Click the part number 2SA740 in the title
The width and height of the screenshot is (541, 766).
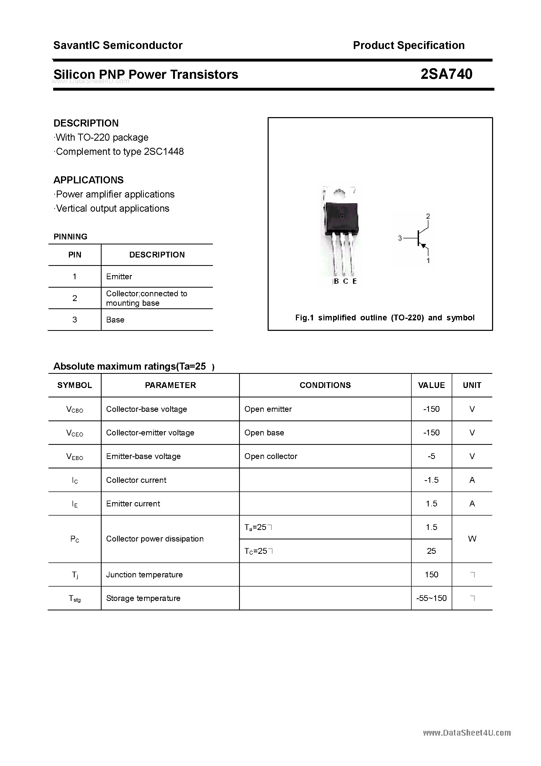pos(446,74)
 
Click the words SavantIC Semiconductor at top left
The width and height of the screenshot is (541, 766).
pos(118,45)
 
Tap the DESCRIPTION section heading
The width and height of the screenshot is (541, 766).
pos(86,123)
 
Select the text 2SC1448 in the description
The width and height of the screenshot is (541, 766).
pos(164,152)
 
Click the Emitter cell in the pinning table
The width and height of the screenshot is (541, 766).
pos(119,277)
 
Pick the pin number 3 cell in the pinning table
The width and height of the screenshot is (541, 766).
pos(75,320)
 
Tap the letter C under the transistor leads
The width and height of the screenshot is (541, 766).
pos(346,281)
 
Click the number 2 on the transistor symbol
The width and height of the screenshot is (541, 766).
pos(428,216)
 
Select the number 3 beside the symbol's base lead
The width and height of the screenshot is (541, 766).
pos(400,238)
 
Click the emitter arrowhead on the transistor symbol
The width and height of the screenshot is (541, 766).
pos(424,246)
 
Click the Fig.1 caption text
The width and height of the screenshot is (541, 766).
pos(385,318)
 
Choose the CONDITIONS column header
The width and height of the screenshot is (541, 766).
pos(325,385)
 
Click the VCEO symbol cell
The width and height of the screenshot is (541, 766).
pos(75,433)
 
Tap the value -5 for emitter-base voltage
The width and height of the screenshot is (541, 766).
pos(431,456)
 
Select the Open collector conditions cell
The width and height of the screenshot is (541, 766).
pos(270,456)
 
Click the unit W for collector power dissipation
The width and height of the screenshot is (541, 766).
pos(472,539)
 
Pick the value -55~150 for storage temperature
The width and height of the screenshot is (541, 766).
pos(431,598)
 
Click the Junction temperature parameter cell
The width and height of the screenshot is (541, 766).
pos(145,574)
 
